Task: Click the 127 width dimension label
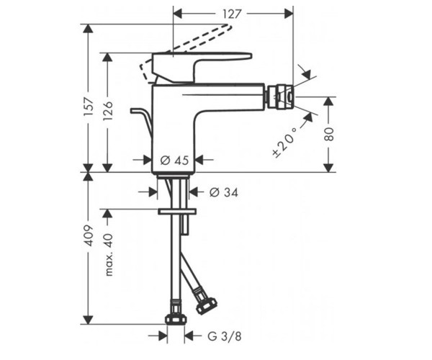(x=232, y=14)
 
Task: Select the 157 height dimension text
(x=89, y=107)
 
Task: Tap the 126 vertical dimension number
(x=108, y=110)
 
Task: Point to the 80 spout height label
(x=329, y=134)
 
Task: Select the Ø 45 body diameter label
(x=174, y=160)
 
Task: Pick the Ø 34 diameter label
(x=223, y=192)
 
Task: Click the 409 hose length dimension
(x=89, y=235)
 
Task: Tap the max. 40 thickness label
(x=109, y=255)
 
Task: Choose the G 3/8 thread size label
(x=225, y=336)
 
